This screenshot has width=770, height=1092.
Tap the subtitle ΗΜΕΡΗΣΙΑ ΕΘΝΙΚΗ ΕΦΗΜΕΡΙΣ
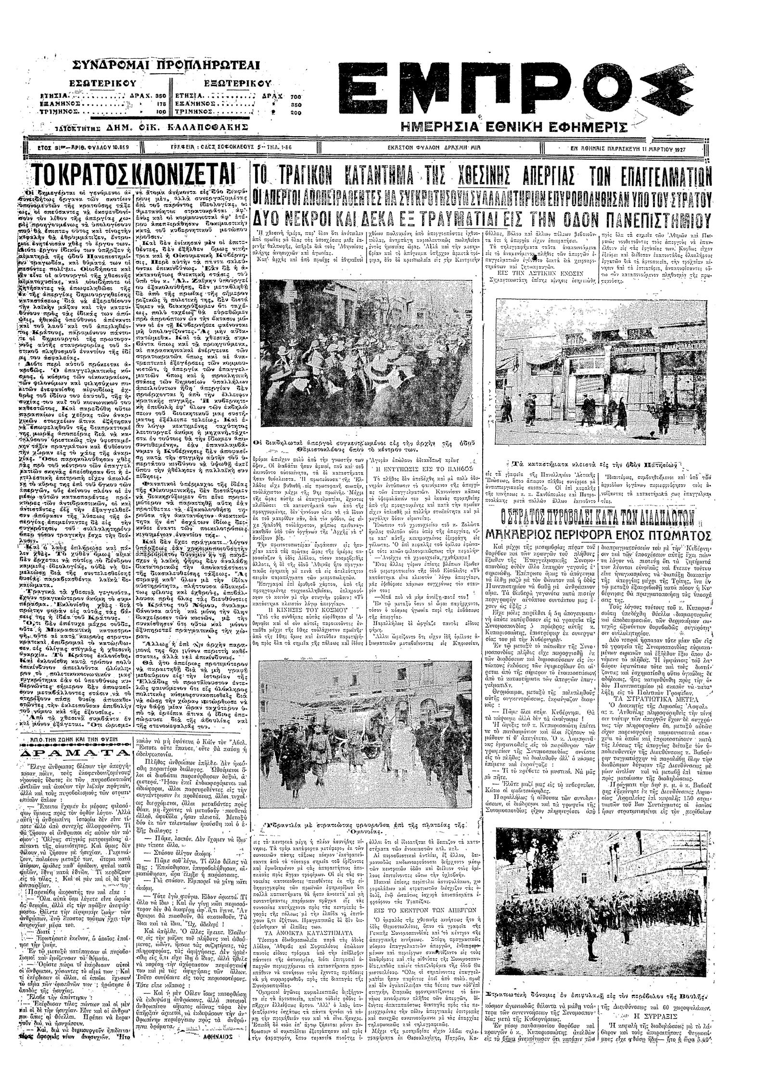click(x=514, y=127)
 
